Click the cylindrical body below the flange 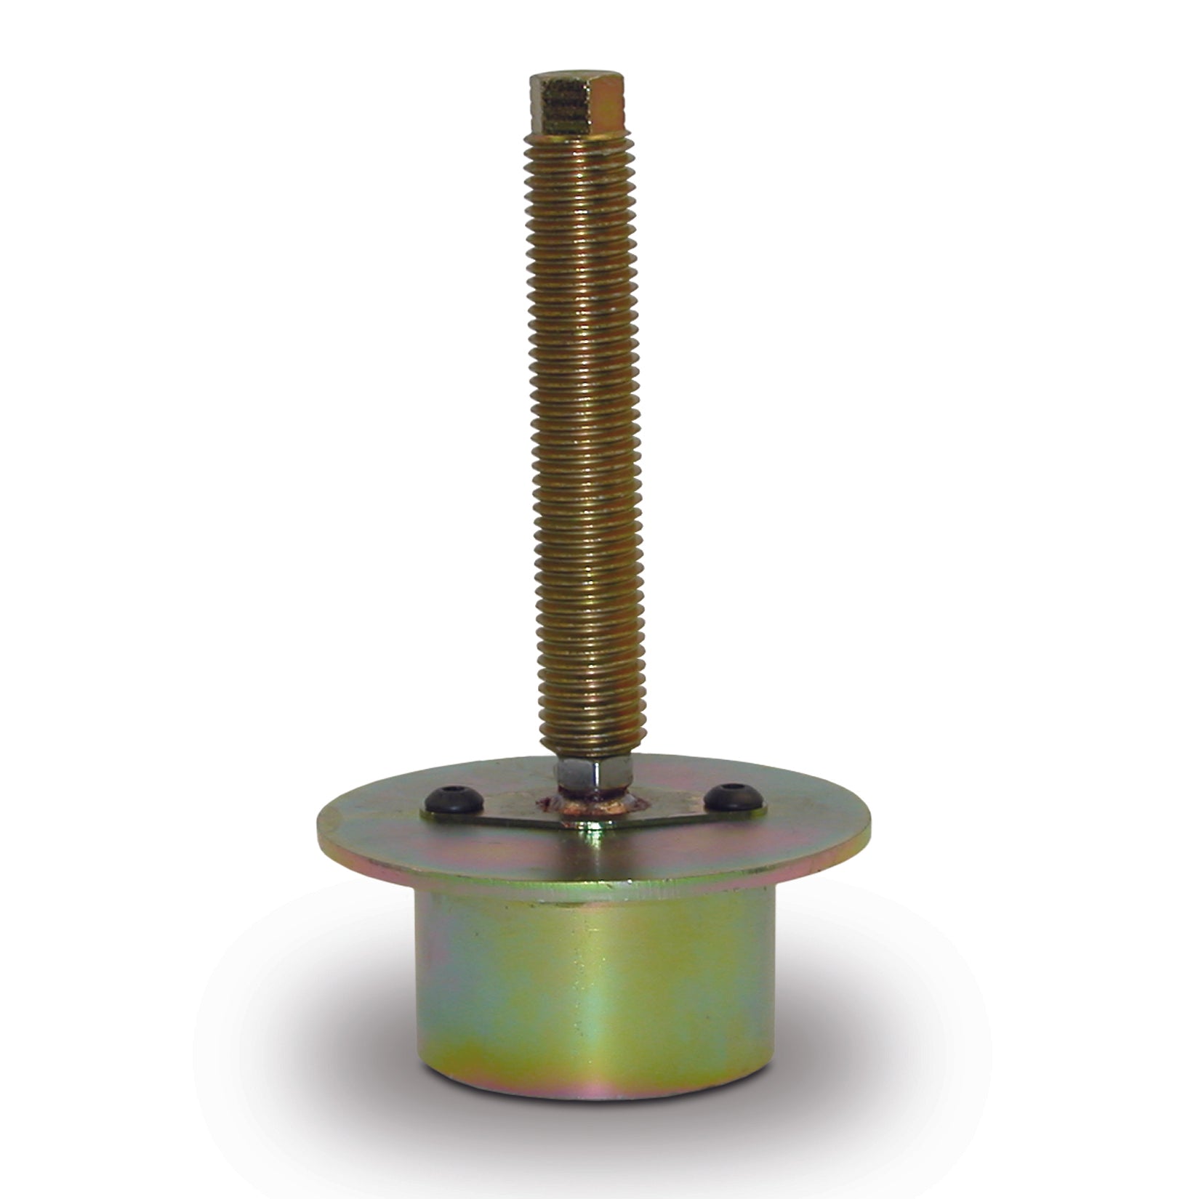click(x=589, y=1017)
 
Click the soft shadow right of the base click(x=858, y=1075)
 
